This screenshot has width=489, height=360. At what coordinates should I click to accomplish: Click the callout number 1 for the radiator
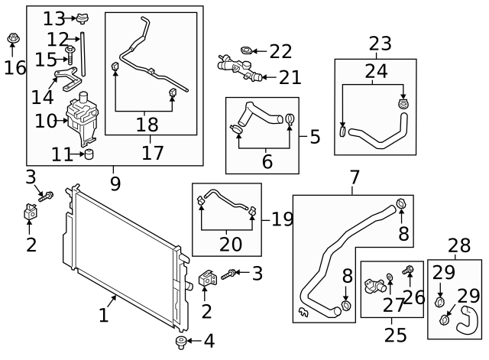pyautogui.click(x=104, y=313)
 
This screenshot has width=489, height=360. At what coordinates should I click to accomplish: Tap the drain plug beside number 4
pyautogui.click(x=181, y=341)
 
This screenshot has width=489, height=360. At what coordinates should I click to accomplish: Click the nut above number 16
pyautogui.click(x=13, y=39)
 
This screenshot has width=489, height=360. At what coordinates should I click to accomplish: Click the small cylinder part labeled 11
pyautogui.click(x=89, y=155)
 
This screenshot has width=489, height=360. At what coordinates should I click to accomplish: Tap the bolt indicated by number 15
pyautogui.click(x=70, y=53)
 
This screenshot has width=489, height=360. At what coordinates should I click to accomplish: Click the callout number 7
pyautogui.click(x=355, y=178)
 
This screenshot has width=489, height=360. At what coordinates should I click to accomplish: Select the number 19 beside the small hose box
pyautogui.click(x=282, y=219)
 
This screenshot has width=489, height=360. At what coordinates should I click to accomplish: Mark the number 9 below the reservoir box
pyautogui.click(x=115, y=183)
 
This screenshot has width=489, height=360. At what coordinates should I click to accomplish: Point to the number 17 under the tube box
pyautogui.click(x=153, y=152)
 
